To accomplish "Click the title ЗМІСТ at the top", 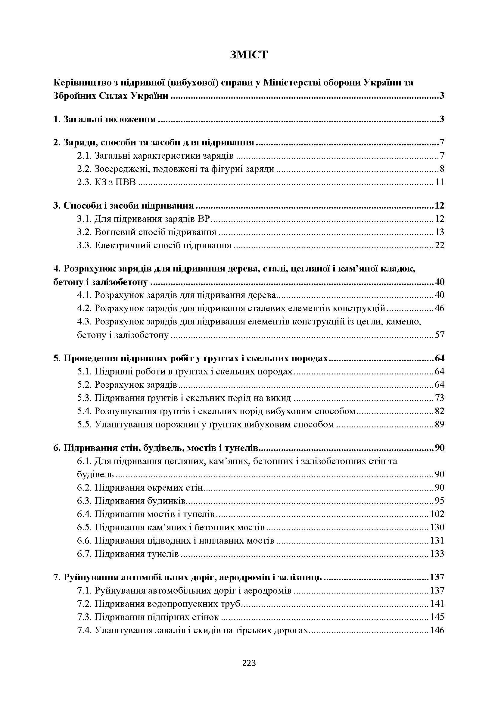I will [249, 54].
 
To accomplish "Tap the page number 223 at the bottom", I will [249, 663].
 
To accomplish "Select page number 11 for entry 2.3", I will [439, 182].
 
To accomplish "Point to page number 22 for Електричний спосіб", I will [439, 245].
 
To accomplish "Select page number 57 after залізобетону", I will [439, 335].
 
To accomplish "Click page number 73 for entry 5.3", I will [439, 398].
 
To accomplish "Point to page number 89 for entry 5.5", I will [439, 424].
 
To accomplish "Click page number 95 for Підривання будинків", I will [439, 501].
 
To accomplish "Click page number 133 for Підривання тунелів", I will [437, 554].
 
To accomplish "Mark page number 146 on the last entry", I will [437, 630].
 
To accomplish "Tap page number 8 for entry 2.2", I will [442, 169].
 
